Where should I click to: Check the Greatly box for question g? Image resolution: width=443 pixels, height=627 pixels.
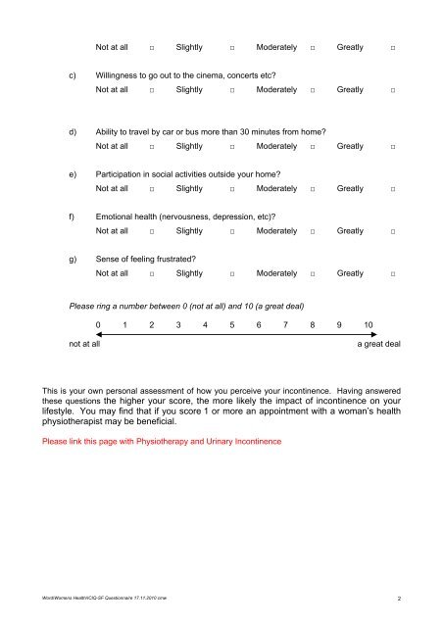(x=393, y=274)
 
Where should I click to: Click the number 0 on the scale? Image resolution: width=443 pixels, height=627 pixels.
(x=98, y=324)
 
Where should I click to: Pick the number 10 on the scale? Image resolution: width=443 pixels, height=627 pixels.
(x=368, y=324)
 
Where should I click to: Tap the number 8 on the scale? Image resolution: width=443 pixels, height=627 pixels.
(x=312, y=324)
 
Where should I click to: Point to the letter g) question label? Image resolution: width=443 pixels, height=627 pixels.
(x=73, y=258)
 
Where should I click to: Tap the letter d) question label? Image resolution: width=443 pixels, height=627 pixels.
(x=73, y=130)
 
